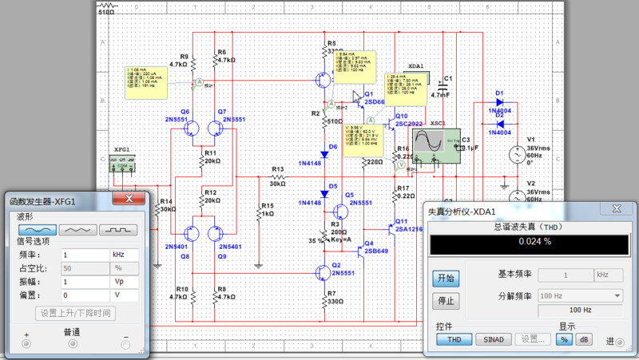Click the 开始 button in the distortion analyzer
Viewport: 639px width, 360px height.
(x=445, y=278)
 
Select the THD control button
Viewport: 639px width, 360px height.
(x=454, y=339)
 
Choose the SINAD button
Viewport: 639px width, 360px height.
(x=494, y=339)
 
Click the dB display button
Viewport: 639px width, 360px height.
(x=584, y=339)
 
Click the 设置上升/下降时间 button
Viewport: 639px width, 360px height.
(x=77, y=312)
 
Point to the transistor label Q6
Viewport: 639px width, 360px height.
(x=185, y=111)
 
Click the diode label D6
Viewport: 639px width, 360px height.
(x=333, y=147)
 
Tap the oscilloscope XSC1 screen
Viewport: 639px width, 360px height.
(x=427, y=143)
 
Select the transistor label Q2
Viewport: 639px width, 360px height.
(x=336, y=264)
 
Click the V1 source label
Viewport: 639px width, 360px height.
(x=531, y=139)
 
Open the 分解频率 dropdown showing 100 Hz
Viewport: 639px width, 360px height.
(x=580, y=295)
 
